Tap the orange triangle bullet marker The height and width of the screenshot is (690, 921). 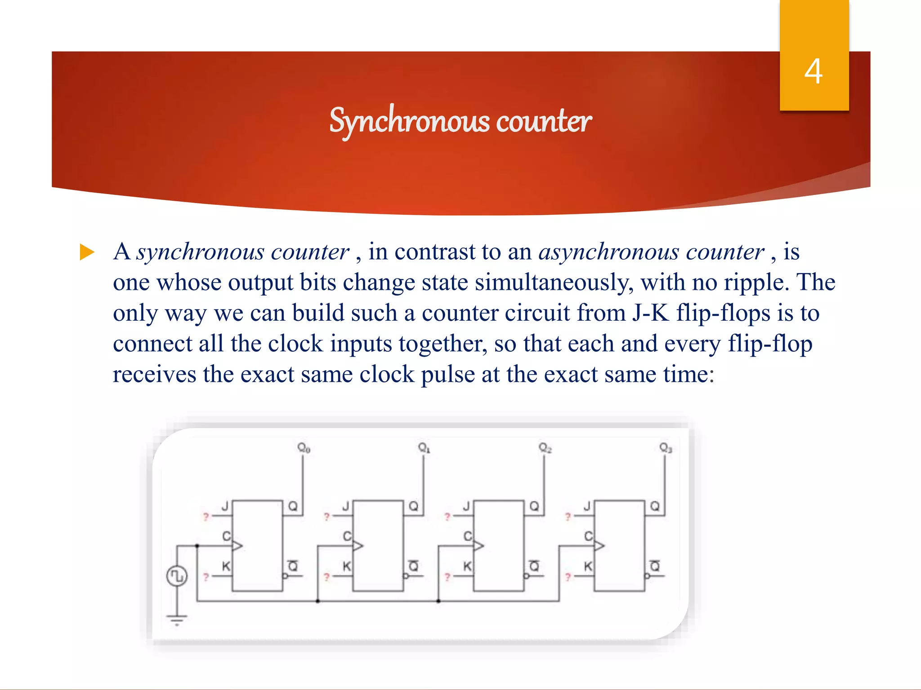(x=87, y=252)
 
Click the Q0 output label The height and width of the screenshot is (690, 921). (x=304, y=448)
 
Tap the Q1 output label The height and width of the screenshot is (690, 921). (x=425, y=448)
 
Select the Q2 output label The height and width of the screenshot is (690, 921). (x=545, y=448)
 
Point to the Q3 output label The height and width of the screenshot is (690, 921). (x=666, y=448)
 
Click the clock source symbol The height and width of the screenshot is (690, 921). (x=177, y=576)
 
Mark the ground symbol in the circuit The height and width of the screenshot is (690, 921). (x=177, y=620)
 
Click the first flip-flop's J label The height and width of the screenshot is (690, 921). (x=225, y=507)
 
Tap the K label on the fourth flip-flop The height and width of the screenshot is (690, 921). (x=588, y=566)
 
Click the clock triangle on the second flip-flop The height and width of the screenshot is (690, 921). (x=358, y=546)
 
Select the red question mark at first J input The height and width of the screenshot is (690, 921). (x=206, y=517)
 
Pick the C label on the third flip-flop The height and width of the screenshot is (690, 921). (x=468, y=536)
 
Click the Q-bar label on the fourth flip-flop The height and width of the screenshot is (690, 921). (x=655, y=566)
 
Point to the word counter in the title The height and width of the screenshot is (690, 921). (x=544, y=121)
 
